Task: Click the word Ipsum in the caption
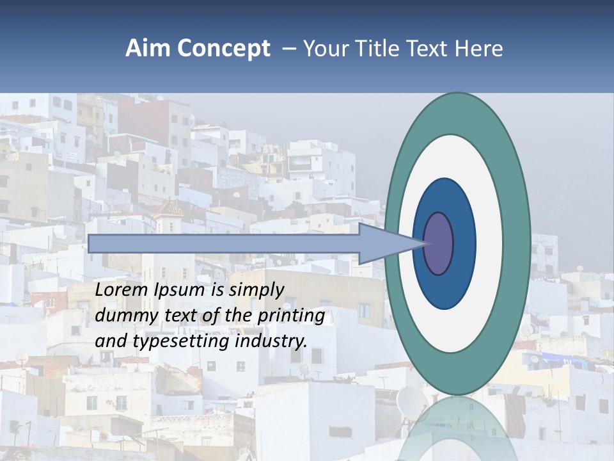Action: tap(180, 291)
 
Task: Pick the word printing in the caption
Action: tap(291, 316)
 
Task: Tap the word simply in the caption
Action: tap(256, 291)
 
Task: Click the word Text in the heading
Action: tap(429, 49)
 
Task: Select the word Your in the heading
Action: tap(322, 49)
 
